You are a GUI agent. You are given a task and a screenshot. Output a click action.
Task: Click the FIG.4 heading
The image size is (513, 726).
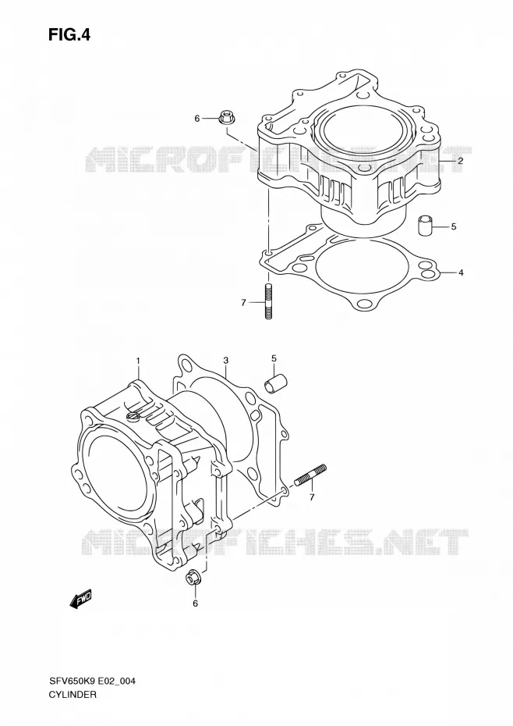(69, 34)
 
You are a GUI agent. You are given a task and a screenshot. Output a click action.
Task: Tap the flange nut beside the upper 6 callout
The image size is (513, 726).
(227, 118)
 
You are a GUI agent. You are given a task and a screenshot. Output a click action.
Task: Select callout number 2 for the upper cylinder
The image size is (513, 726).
(460, 161)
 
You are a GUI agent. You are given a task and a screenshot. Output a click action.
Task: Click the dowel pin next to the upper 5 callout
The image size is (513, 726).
(426, 225)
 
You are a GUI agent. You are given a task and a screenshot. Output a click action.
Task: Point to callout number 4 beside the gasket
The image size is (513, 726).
(461, 272)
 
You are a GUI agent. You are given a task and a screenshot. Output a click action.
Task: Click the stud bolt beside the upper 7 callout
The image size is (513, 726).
(268, 301)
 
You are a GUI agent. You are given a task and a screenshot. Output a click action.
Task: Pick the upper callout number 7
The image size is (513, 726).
(243, 303)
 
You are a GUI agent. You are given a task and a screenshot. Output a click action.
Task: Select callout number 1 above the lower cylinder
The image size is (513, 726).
(137, 360)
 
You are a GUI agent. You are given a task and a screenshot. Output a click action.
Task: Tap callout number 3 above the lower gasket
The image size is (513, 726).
(225, 360)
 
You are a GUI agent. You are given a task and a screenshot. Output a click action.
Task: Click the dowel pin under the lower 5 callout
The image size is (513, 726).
(275, 384)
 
